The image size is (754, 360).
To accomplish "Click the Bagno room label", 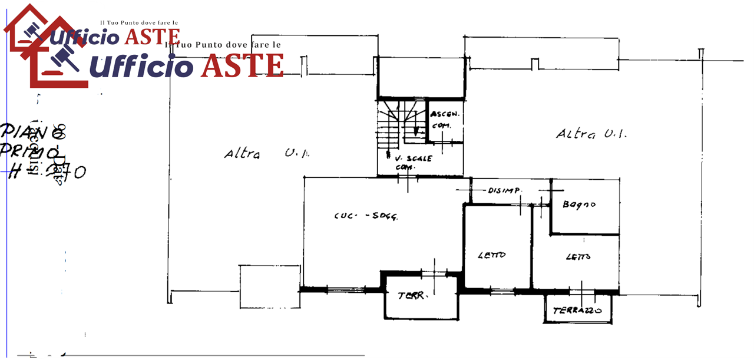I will click(x=578, y=205).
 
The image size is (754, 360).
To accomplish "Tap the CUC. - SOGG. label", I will click(x=365, y=216).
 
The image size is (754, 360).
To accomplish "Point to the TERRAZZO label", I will click(x=577, y=310).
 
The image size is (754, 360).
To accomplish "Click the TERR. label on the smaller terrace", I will click(x=412, y=296).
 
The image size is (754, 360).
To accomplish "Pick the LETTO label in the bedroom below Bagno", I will click(x=578, y=257).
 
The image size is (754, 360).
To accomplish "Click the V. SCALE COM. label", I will click(x=414, y=162).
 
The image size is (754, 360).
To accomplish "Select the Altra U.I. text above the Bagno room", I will click(x=591, y=134).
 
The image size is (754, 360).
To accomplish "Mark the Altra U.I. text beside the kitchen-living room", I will click(x=266, y=154).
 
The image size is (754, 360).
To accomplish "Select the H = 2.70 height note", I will click(x=47, y=172).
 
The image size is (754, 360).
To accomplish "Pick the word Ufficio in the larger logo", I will click(x=144, y=66).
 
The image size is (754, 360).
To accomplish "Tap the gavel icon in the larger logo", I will click(x=62, y=59).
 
